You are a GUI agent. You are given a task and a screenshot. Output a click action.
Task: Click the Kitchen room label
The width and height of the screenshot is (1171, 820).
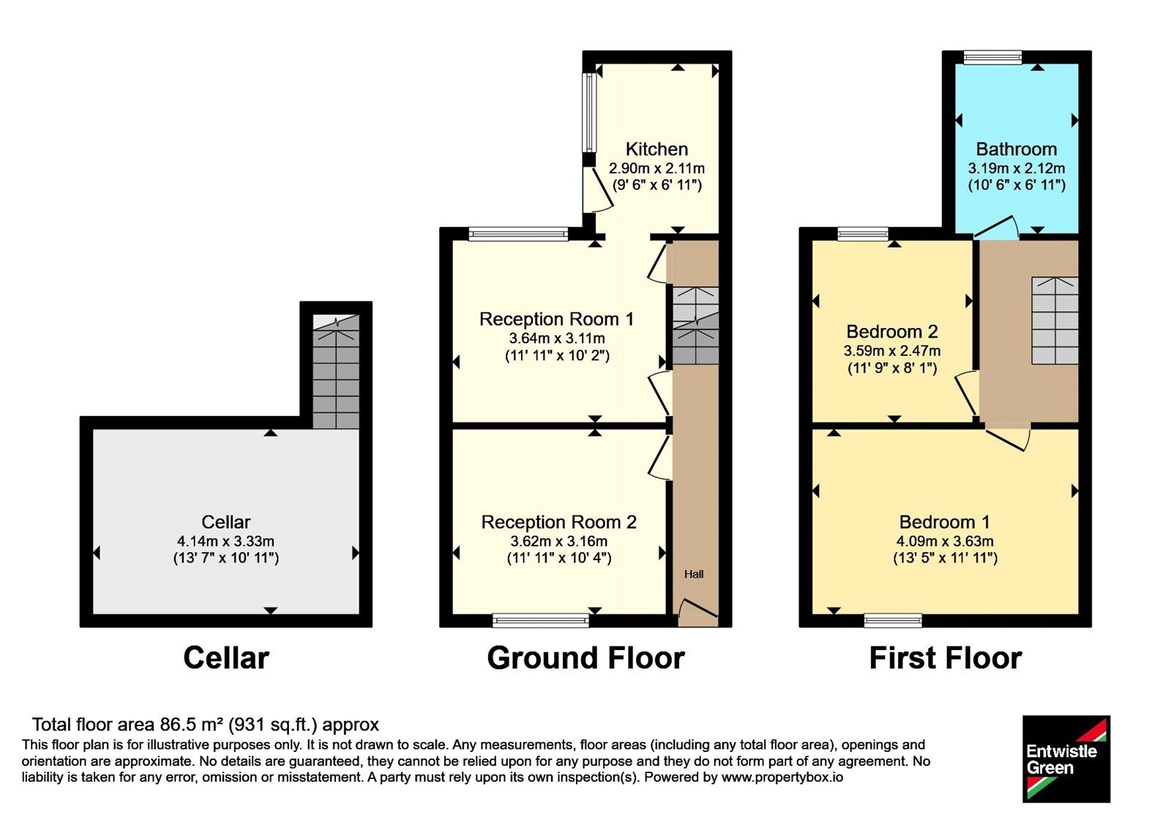[x=656, y=149]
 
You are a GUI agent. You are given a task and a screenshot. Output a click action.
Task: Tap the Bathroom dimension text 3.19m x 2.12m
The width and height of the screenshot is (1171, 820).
[x=1017, y=168]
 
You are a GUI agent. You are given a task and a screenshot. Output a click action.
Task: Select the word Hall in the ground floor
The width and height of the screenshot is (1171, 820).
[x=694, y=574]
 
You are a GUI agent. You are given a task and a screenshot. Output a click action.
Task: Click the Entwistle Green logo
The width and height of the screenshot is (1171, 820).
[x=1066, y=758]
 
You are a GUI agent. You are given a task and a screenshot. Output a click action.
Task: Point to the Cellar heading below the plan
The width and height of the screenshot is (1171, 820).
[x=226, y=658]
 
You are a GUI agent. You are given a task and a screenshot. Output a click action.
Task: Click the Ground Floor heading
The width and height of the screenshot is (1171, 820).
[x=585, y=658]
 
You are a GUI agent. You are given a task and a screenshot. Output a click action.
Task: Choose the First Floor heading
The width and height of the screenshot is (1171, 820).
[x=945, y=658]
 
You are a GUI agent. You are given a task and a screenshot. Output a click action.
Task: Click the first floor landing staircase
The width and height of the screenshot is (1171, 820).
[x=1055, y=321]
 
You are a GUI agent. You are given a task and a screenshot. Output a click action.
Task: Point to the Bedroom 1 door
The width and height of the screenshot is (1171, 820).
[x=1008, y=439]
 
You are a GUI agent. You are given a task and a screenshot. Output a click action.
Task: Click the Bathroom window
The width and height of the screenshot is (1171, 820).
[x=992, y=58]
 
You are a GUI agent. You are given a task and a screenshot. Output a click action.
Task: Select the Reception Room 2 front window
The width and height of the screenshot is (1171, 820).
[x=541, y=621]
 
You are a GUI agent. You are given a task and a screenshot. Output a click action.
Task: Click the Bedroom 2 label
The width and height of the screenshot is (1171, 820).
[x=892, y=332]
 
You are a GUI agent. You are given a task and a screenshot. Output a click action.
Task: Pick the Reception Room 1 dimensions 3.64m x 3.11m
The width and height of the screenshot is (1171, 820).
[x=557, y=338]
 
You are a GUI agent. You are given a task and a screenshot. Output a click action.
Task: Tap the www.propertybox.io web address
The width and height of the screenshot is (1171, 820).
[x=782, y=777]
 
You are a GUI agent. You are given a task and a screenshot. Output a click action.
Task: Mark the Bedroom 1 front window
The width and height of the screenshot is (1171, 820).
[x=893, y=621]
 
